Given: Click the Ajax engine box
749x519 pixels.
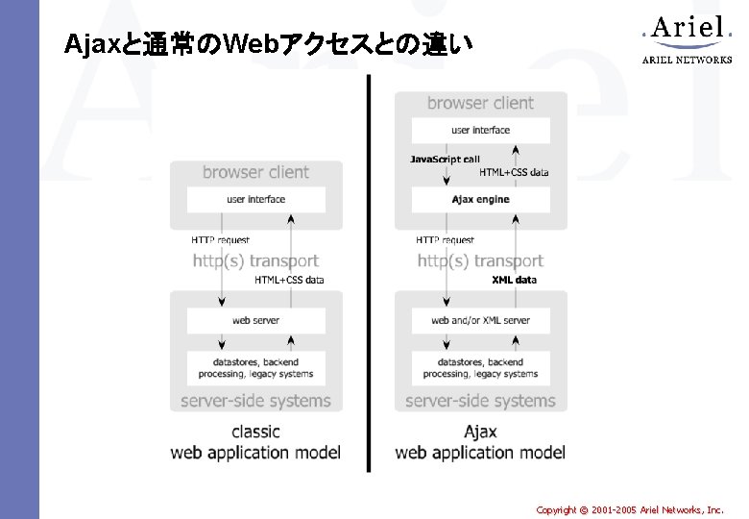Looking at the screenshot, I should point(480,200).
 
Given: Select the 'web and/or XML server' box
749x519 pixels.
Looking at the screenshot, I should point(480,320).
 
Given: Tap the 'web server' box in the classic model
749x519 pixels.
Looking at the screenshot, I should point(255,320).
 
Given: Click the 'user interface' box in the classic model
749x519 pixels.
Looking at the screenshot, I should point(255,200).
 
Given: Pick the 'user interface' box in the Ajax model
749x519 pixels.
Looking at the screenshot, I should point(480,130).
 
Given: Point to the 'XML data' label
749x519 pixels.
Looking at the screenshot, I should point(515,280).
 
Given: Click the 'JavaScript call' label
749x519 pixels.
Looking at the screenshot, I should point(445,160).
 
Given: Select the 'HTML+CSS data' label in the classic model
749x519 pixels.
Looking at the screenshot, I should point(289,280).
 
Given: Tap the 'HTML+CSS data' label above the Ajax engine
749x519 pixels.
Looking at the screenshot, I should point(515,173).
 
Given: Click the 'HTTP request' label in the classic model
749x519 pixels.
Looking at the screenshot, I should point(220,240).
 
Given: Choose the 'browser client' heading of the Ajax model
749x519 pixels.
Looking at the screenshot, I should point(480,103).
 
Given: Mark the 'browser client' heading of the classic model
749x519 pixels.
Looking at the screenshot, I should point(255,173).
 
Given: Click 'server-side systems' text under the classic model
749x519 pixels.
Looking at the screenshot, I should point(255,401).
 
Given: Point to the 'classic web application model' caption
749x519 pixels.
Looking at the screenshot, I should point(255,442).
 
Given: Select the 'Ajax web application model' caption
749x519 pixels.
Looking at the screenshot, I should point(480,442).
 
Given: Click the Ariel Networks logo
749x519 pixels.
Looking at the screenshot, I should point(687,39).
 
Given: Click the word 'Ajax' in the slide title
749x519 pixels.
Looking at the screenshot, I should point(88,44).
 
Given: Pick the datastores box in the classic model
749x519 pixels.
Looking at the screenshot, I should point(255,367).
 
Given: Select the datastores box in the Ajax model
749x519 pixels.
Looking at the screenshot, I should point(480,367).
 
